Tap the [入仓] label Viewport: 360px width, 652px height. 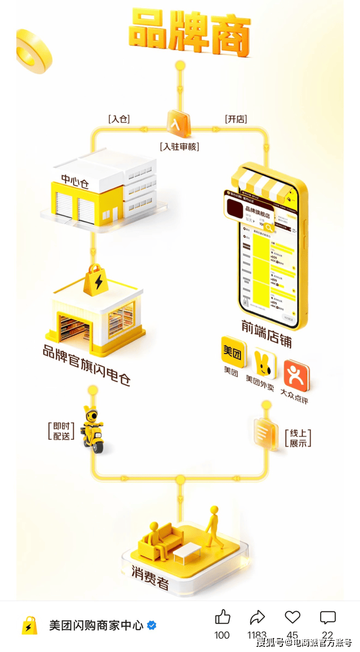[119, 119]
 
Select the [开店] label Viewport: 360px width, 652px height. [236, 119]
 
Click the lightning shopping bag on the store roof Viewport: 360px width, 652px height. [97, 280]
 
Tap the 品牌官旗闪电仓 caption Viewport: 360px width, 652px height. [87, 365]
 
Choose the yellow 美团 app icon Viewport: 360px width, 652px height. [233, 353]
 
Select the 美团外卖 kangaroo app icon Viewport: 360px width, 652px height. [262, 365]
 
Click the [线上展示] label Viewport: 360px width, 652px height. [298, 438]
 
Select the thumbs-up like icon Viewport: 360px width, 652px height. [223, 618]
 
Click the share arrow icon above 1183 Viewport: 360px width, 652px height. [257, 618]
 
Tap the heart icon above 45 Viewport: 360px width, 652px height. [292, 618]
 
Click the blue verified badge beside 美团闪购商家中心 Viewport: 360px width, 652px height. [152, 626]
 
